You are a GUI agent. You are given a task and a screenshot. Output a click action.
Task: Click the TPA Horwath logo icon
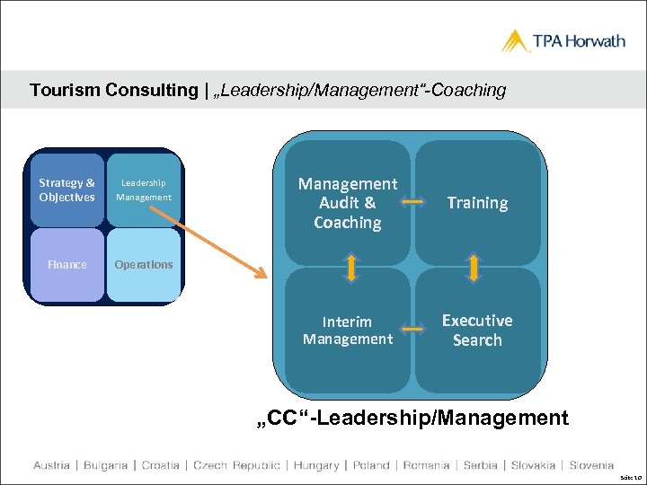tap(516, 41)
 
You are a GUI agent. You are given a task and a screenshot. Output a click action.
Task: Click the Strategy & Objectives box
tap(66, 190)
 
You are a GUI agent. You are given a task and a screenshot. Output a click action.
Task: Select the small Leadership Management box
tap(144, 190)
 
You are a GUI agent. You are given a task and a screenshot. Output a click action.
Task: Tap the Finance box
tap(66, 265)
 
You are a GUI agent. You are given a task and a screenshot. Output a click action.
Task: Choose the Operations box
tap(144, 265)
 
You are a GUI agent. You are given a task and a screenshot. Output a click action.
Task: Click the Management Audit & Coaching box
tap(348, 203)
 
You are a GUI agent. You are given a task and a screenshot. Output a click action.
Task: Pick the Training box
tap(477, 203)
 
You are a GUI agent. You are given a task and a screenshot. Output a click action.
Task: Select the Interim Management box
tap(348, 330)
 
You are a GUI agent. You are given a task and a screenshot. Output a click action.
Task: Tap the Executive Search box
tap(477, 330)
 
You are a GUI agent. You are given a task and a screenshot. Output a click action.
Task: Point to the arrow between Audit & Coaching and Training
tap(413, 203)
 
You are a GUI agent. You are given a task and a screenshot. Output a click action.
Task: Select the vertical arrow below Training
tap(474, 268)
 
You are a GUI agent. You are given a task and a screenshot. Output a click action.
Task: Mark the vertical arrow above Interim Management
tap(351, 268)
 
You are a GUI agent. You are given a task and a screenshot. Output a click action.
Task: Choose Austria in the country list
tap(51, 465)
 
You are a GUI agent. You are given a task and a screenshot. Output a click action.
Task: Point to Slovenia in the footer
tap(591, 465)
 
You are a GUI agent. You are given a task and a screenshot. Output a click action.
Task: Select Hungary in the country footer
tap(316, 465)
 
